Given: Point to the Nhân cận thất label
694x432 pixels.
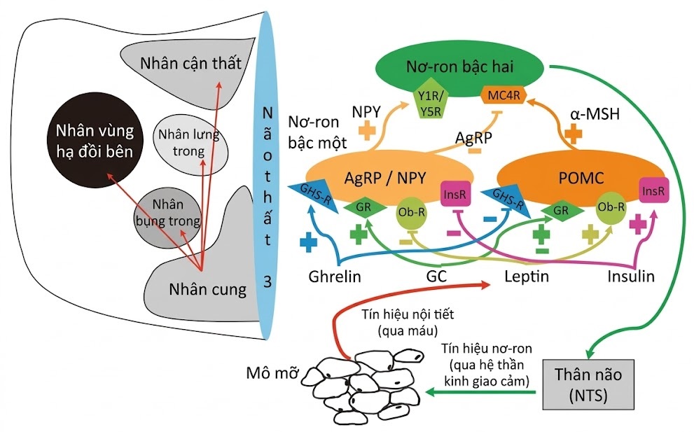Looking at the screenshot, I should point(190,64).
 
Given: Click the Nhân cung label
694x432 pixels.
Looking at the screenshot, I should point(207,288).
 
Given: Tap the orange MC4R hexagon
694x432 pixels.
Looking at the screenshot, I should point(500,94).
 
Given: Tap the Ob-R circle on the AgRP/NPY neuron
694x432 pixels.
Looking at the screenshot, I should point(410,214).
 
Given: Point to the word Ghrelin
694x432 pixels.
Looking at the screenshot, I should point(335,277).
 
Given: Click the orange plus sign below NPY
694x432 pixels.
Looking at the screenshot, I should point(367,130).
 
